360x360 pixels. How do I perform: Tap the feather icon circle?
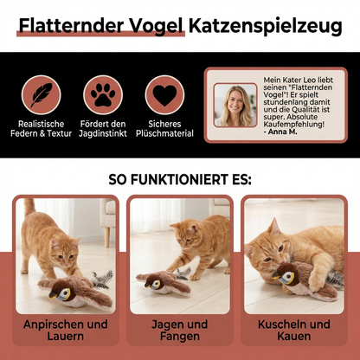(x=42, y=94)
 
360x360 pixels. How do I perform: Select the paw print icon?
(x=103, y=94)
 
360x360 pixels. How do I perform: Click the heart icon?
(x=164, y=94)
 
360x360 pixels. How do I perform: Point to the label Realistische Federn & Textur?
(x=42, y=129)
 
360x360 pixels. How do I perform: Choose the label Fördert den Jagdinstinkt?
(x=103, y=129)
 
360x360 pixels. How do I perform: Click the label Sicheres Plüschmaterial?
(x=164, y=129)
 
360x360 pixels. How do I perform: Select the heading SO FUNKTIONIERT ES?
(x=180, y=181)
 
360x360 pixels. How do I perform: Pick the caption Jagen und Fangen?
(x=179, y=331)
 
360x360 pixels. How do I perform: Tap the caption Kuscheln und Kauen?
(x=294, y=331)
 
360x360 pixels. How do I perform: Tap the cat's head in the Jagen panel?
(x=184, y=239)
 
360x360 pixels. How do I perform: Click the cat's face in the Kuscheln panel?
(x=263, y=245)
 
